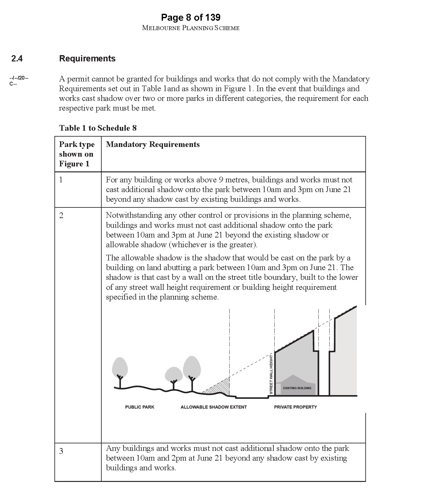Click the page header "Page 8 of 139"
click(190, 17)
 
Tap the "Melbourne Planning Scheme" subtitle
click(190, 28)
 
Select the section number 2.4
click(17, 59)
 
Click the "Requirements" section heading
click(87, 59)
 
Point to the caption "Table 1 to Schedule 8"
click(98, 128)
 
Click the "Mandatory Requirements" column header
click(153, 144)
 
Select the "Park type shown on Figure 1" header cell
click(77, 154)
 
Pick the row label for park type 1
click(61, 180)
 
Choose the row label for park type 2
click(61, 216)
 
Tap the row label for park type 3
click(61, 451)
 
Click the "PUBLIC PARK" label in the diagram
click(139, 407)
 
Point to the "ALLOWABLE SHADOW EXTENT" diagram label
click(214, 407)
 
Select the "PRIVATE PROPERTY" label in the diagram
click(295, 407)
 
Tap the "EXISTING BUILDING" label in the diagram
click(297, 388)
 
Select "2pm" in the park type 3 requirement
click(179, 458)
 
